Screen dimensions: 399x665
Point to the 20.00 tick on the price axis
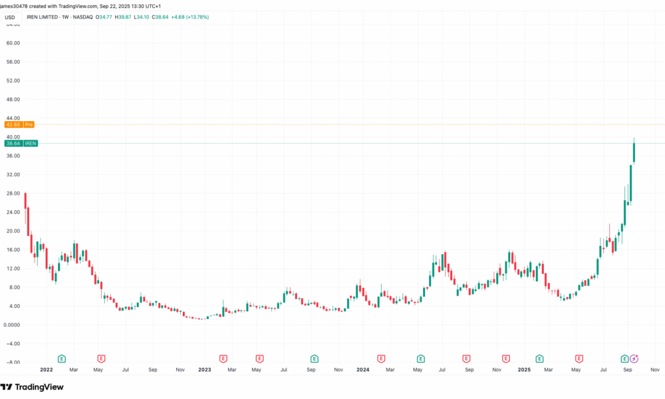tap(13, 231)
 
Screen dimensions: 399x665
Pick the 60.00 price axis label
tap(13, 43)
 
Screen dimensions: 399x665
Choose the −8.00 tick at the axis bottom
tap(13, 362)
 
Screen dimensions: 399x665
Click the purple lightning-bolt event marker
tap(634, 358)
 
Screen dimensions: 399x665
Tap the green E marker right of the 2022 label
tap(62, 358)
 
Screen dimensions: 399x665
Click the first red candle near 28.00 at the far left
tap(25, 200)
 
